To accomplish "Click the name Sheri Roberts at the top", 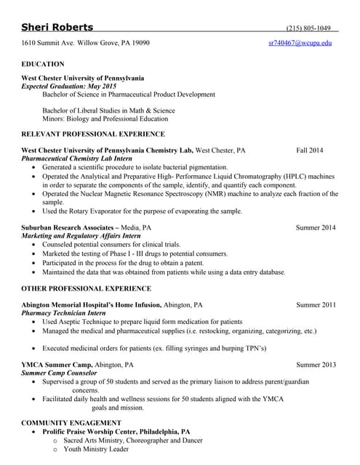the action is tap(57, 28).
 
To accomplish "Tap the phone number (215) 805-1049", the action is tap(308, 28).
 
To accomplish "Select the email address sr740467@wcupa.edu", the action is tap(300, 43).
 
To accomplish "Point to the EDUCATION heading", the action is tap(43, 64).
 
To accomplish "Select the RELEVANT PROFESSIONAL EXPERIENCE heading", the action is tap(93, 134).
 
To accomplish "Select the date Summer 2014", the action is tap(315, 227).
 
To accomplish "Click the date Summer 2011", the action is tap(316, 304).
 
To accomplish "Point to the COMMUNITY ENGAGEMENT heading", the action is tap(71, 422).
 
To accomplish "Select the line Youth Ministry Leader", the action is tap(96, 449).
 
